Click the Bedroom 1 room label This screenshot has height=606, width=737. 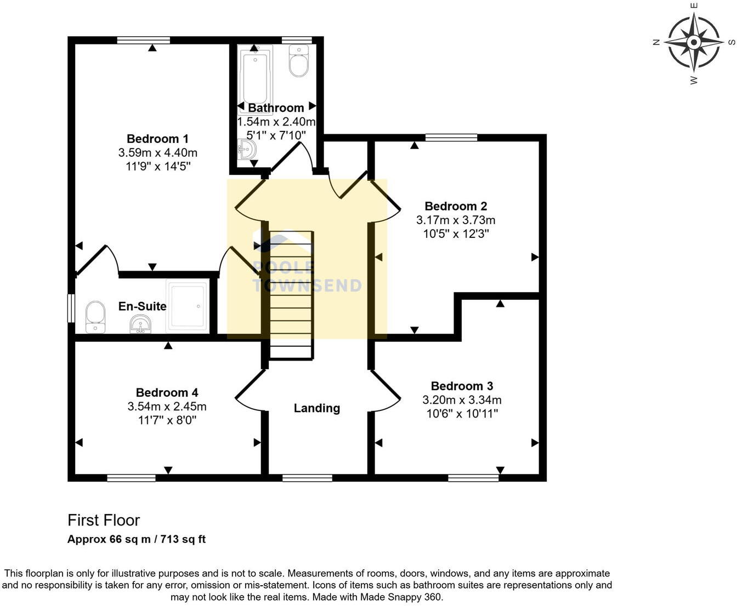point(157,139)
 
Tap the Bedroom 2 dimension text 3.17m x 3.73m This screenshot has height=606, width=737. point(456,220)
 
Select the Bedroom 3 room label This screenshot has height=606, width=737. point(462,386)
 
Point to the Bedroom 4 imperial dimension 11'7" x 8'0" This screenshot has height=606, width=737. point(167,420)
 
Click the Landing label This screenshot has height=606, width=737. point(316,408)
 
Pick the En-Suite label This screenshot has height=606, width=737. point(142,306)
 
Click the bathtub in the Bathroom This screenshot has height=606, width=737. point(255,77)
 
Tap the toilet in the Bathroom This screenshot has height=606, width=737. point(299,61)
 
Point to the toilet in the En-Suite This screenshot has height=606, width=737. point(95,317)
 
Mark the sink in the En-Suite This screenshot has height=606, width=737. point(141,324)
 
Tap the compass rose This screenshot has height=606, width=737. point(694,42)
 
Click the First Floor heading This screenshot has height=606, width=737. point(104,520)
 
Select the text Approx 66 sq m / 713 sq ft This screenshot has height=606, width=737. point(137,539)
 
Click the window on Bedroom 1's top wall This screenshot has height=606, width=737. point(144,40)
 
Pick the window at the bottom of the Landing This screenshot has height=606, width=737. point(307,478)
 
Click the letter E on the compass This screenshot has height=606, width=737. point(694,5)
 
